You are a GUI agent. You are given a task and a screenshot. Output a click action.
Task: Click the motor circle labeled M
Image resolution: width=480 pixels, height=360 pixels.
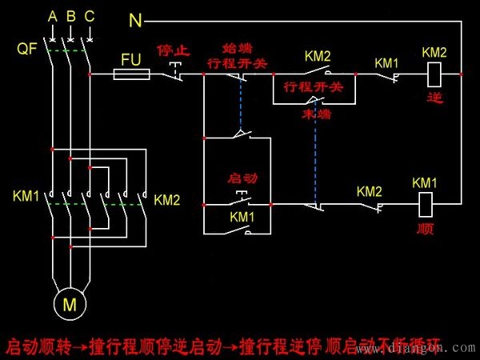click(70, 303)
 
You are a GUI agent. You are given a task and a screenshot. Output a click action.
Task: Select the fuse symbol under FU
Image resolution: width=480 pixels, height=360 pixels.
click(131, 74)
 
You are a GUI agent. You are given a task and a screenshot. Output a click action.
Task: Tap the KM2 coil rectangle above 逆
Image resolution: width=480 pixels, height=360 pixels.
click(435, 74)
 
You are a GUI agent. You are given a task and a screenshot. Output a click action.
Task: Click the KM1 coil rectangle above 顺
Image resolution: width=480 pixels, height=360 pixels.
click(425, 204)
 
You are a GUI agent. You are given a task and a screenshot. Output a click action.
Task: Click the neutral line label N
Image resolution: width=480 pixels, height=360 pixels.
click(135, 17)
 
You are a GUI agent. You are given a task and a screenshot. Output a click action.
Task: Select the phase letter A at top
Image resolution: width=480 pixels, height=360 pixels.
click(52, 17)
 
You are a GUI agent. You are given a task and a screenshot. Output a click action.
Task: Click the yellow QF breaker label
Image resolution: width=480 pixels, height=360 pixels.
click(26, 50)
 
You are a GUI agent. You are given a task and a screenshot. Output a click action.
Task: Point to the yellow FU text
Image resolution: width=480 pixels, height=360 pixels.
click(131, 59)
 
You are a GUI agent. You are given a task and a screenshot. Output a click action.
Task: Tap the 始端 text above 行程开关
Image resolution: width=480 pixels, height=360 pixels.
click(240, 49)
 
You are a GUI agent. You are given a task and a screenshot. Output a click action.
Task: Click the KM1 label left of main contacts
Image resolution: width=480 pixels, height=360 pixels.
click(26, 196)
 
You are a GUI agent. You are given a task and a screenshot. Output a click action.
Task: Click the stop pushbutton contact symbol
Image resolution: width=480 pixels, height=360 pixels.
click(175, 72)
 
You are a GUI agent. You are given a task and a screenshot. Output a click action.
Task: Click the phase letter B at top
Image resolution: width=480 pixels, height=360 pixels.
click(70, 17)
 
